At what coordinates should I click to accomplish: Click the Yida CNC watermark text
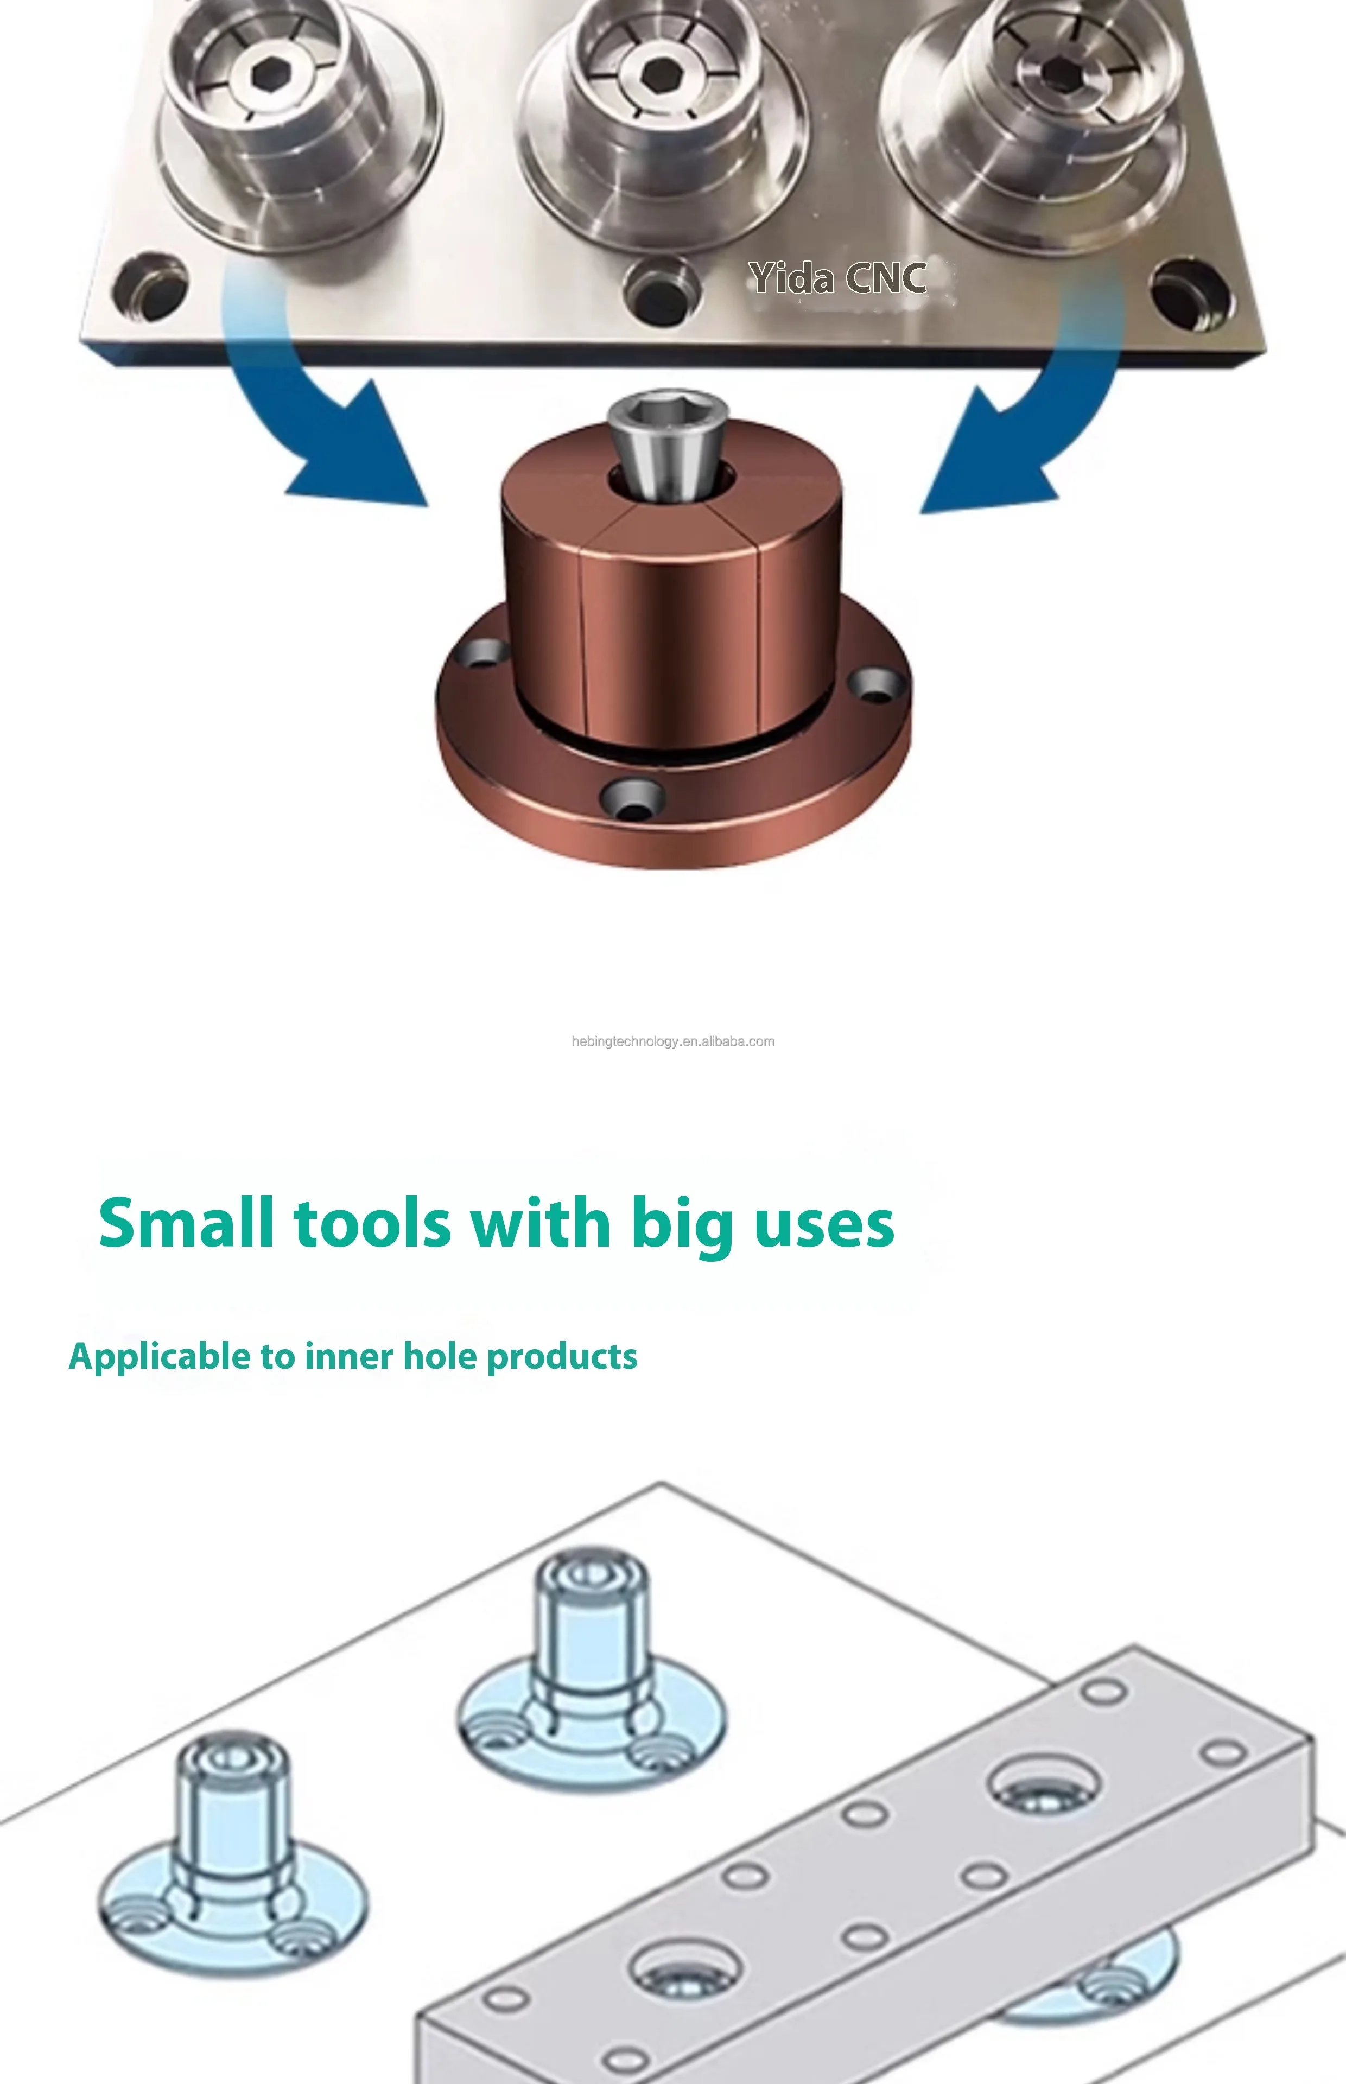click(x=836, y=278)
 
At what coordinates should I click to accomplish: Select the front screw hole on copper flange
click(x=631, y=796)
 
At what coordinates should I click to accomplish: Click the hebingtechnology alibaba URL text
click(x=673, y=1041)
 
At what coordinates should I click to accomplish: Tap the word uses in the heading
click(x=824, y=1223)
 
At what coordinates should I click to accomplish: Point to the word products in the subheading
click(x=562, y=1357)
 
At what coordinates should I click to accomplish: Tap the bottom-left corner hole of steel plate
click(x=150, y=287)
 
